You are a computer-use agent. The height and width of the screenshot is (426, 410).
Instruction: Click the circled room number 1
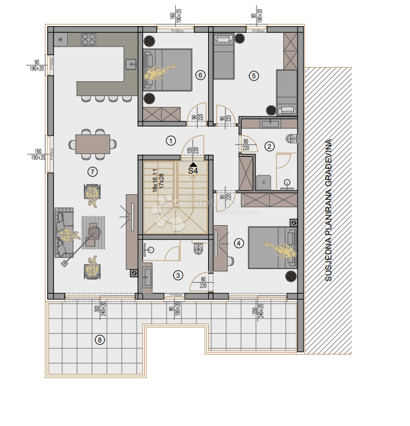point(171,140)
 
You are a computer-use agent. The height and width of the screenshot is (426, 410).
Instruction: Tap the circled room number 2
point(269,146)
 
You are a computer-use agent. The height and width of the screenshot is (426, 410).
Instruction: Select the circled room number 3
point(178,275)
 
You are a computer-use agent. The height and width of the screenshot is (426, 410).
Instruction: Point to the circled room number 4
point(239,244)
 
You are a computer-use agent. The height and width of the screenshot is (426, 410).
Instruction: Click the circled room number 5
point(253,76)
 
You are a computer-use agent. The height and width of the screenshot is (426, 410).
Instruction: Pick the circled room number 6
point(199,75)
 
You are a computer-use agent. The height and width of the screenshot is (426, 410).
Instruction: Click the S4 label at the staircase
point(193,169)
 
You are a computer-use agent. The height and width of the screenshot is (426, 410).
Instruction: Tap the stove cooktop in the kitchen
point(89,39)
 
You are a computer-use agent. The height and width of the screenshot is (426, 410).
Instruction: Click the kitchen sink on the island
point(131,63)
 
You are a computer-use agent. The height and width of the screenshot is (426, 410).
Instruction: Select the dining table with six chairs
point(92,144)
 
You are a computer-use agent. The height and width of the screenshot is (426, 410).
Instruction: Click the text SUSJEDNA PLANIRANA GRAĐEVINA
point(329,211)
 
